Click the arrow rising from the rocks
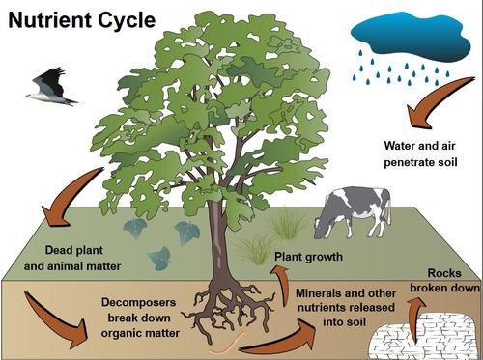click(x=416, y=307)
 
